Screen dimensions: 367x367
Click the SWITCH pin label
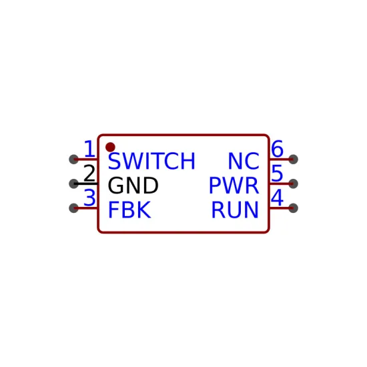151,161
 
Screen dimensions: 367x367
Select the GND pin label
133,186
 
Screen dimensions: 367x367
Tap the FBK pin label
129,210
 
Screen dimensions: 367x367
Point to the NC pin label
244,161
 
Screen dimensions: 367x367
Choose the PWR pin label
234,186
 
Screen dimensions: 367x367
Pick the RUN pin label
235,210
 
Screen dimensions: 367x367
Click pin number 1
89,149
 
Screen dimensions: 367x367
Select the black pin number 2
89,173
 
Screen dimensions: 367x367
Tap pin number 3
89,198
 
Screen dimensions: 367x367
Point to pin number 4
278,198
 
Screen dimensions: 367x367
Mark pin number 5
278,173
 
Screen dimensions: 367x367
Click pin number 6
278,149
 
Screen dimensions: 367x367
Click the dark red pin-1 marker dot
110,147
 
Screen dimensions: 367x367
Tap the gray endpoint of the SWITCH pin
73,159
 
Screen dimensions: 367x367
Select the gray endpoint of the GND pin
73,183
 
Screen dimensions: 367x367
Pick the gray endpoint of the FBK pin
73,208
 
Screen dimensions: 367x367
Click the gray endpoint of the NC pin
294,159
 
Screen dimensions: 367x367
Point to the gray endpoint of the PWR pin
294,183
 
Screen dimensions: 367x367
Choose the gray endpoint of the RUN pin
294,208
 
